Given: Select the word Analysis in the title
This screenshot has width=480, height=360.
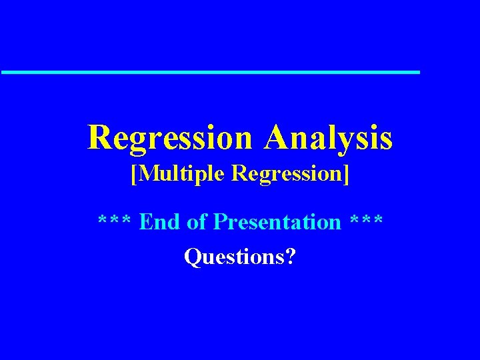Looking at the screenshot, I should pyautogui.click(x=328, y=137).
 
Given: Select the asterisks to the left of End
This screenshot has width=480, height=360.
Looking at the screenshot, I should pyautogui.click(x=115, y=221).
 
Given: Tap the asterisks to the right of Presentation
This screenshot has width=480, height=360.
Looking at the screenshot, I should pyautogui.click(x=365, y=221).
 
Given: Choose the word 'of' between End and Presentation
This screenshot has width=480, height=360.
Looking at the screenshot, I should pyautogui.click(x=197, y=221).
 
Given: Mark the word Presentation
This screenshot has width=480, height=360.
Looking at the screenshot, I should pyautogui.click(x=277, y=221).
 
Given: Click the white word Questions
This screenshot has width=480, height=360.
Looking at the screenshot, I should pyautogui.click(x=233, y=256).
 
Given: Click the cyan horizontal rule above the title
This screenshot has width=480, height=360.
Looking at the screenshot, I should pyautogui.click(x=210, y=71).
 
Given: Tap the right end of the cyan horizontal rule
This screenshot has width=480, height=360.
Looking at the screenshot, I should pyautogui.click(x=417, y=71).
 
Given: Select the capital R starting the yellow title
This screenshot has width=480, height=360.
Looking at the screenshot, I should pyautogui.click(x=98, y=137).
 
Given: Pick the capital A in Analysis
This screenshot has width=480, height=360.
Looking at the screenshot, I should pyautogui.click(x=275, y=137).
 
